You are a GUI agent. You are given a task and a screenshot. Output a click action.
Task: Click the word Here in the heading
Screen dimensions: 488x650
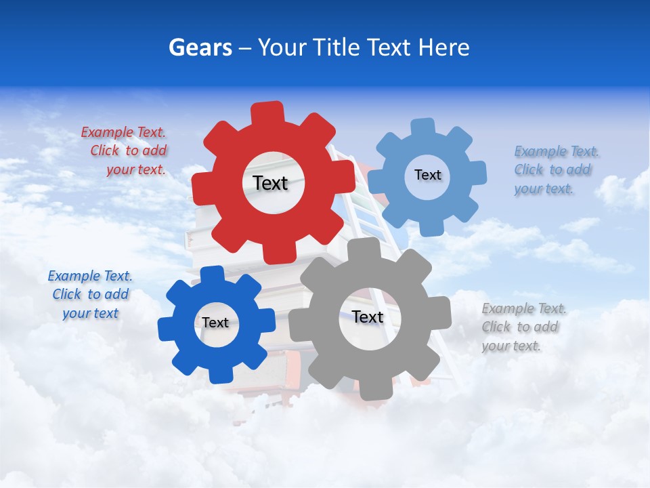[443, 47]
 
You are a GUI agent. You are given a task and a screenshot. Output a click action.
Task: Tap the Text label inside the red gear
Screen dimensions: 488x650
[270, 183]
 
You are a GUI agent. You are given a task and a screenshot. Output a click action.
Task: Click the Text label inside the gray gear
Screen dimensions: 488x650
[368, 317]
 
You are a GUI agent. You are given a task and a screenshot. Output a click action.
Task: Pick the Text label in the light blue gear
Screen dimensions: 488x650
[427, 175]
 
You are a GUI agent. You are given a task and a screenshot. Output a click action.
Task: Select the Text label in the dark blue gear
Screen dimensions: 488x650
[215, 323]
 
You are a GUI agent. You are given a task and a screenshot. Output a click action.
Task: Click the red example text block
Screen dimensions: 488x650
[125, 151]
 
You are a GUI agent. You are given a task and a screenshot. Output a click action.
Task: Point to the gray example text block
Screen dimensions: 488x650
[523, 327]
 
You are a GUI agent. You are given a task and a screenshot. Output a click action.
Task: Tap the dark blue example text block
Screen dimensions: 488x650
[91, 294]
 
